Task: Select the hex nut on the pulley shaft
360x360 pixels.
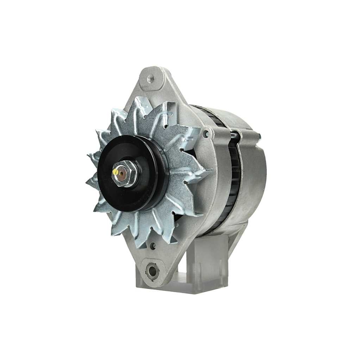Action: tap(124, 174)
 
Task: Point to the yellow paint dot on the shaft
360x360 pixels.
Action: tap(116, 172)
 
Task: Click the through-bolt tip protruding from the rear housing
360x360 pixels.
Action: tap(259, 136)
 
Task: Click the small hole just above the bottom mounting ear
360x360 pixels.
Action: tap(153, 246)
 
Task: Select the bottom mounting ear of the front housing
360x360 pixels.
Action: tap(153, 268)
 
